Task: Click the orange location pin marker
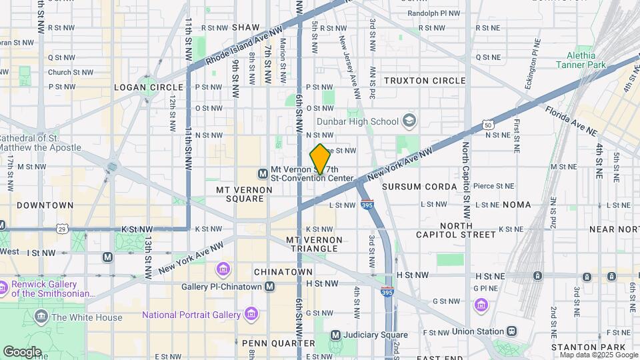coord(320,159)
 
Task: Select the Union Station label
coord(476,331)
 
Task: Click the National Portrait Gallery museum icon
coord(251,313)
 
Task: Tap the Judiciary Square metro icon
coord(335,335)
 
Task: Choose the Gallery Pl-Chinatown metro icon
coord(269,287)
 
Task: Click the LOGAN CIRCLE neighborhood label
coord(149,87)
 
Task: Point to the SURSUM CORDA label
coord(419,187)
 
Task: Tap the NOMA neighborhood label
coord(517,205)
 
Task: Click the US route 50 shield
coord(489,125)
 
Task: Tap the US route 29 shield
coord(63,229)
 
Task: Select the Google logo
coord(22,351)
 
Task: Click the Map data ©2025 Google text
coord(599,355)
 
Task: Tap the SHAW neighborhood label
coord(245,27)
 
